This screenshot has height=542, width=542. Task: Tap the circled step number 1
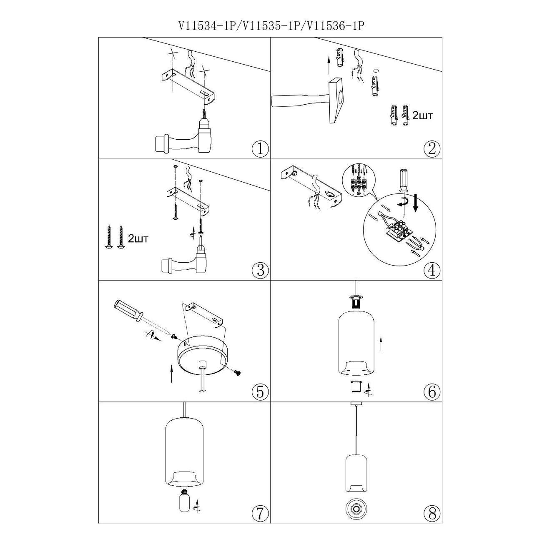[261, 149]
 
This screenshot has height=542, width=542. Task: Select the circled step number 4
[432, 270]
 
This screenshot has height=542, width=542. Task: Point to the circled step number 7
[261, 513]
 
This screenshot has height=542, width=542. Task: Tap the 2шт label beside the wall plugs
[422, 115]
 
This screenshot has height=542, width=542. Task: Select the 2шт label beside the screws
[138, 239]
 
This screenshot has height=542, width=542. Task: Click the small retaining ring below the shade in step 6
[356, 387]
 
